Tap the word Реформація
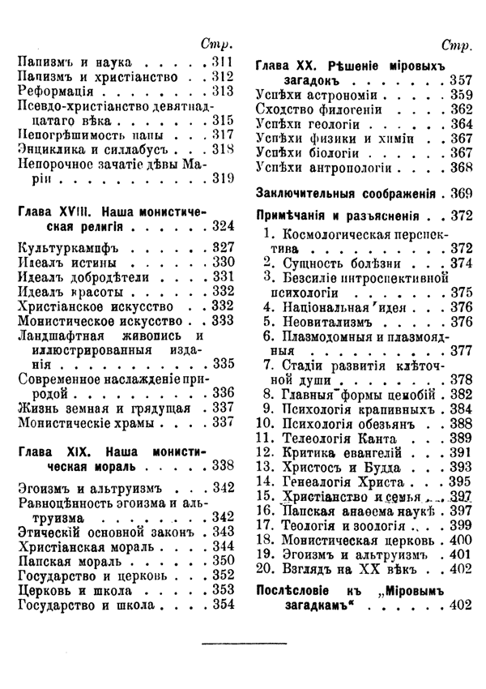click(x=55, y=91)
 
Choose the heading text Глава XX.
click(x=288, y=64)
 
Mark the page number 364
click(x=460, y=124)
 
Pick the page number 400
click(x=460, y=539)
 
